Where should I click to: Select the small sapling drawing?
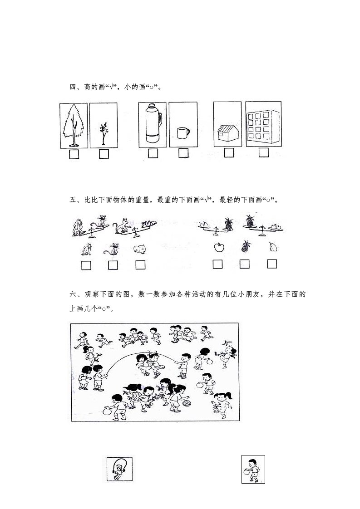pos(103,132)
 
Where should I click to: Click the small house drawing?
pos(228,134)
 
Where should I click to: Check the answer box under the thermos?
pos(153,154)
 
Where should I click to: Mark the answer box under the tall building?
pos(264,153)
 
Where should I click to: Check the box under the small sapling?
pos(104,154)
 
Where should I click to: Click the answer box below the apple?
pos(218,264)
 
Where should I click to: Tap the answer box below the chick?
pos(140,264)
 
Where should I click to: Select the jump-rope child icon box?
pos(119,470)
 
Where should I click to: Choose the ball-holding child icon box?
pos(253,470)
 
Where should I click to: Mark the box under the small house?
pos(229,153)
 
